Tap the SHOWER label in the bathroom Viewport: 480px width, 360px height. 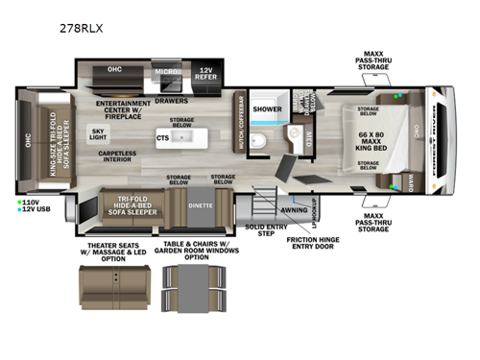click(x=267, y=109)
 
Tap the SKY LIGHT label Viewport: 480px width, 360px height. click(x=98, y=134)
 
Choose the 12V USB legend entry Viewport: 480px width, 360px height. click(x=34, y=211)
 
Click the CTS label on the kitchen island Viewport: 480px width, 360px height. click(x=163, y=137)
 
